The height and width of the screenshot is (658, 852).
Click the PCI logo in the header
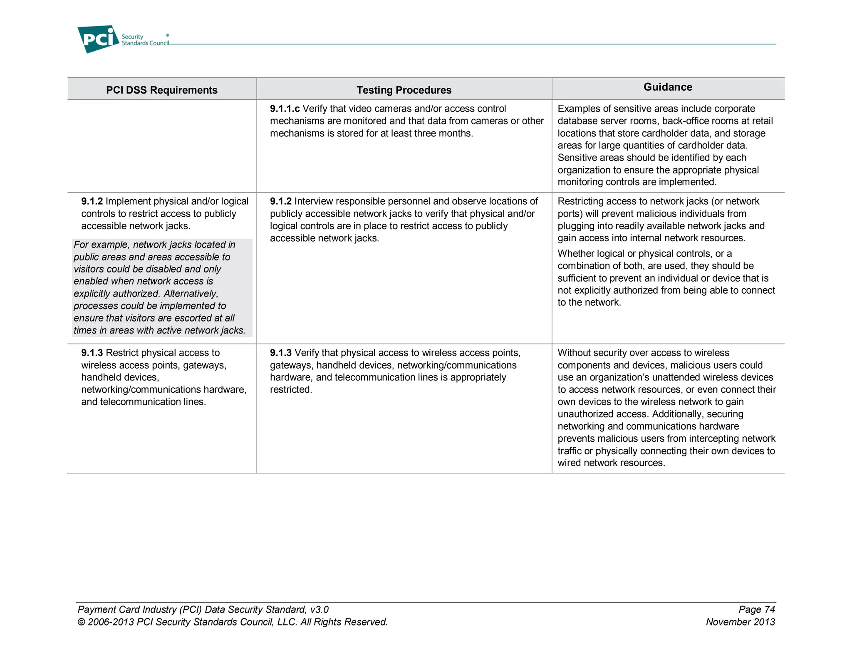98,39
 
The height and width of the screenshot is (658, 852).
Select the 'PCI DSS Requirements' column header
161,90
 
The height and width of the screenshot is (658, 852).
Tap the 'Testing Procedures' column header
404,90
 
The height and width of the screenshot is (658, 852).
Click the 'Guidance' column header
668,87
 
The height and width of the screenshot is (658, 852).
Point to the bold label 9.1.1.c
285,109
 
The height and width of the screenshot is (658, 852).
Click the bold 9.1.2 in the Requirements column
92,201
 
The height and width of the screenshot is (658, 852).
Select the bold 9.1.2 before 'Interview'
281,201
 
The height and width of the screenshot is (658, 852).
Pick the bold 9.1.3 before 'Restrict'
92,353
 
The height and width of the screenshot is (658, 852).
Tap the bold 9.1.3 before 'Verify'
281,353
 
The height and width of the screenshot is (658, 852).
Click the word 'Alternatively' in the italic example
191,294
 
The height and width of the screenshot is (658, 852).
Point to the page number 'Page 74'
756,609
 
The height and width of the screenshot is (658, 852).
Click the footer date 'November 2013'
740,622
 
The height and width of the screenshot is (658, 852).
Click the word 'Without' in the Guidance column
574,353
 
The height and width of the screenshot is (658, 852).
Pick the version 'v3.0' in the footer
319,609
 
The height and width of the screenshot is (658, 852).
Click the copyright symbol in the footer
81,622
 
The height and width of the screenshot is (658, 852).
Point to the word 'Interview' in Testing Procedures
313,201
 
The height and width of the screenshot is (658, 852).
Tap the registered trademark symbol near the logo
168,35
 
